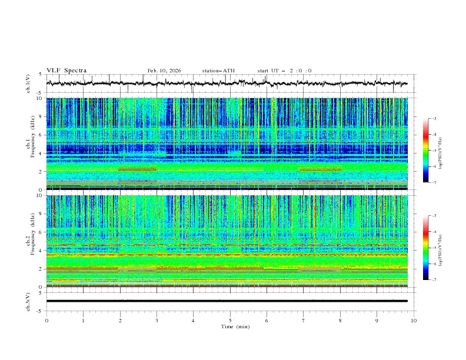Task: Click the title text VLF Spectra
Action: [66, 71]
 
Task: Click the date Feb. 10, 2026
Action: [164, 71]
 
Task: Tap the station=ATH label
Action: [218, 71]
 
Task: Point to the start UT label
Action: [271, 71]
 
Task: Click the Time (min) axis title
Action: [230, 326]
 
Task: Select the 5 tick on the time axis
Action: [230, 320]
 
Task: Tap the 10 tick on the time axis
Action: [414, 320]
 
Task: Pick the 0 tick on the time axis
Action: [46, 320]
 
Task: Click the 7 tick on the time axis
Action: [304, 320]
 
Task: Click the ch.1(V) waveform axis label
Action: [28, 84]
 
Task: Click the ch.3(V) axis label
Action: [28, 301]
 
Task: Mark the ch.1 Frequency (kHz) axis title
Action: [32, 144]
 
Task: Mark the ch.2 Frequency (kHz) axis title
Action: [32, 241]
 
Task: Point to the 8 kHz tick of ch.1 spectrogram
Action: [41, 116]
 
